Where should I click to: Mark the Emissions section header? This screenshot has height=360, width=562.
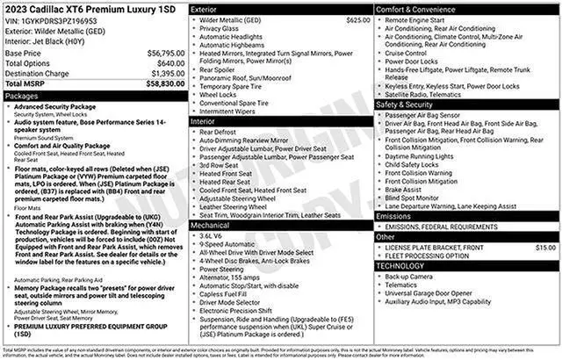coord(393,215)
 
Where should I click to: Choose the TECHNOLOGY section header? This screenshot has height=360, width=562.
coord(400,265)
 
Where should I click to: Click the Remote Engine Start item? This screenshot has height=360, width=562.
coord(419,18)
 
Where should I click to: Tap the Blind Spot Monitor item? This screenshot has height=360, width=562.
coord(415,198)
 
